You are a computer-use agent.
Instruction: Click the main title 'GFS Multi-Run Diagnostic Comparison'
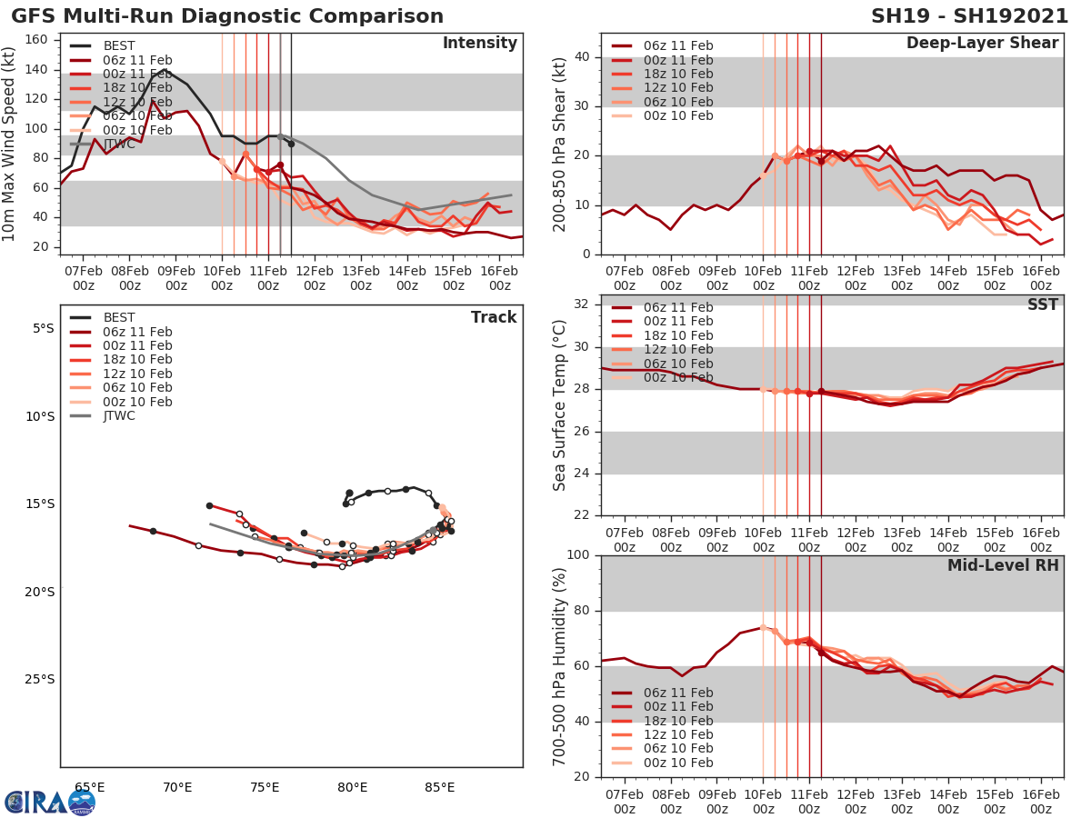coord(227,16)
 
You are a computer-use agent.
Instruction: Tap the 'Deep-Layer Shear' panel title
coord(982,44)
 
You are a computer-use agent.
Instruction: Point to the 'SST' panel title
coord(1043,304)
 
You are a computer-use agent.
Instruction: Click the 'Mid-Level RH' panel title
coord(1003,565)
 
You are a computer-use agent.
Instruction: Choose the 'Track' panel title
coord(494,317)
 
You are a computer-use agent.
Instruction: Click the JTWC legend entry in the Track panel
coord(118,416)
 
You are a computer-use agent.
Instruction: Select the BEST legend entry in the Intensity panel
coord(118,45)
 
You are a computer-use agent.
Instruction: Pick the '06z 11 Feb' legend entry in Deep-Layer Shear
coord(677,45)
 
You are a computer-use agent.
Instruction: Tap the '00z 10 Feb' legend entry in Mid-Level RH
coord(677,763)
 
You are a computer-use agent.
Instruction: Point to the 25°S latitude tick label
coord(39,679)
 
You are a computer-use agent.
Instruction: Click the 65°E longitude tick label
coord(89,787)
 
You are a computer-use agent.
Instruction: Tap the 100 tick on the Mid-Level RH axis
coord(579,555)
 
